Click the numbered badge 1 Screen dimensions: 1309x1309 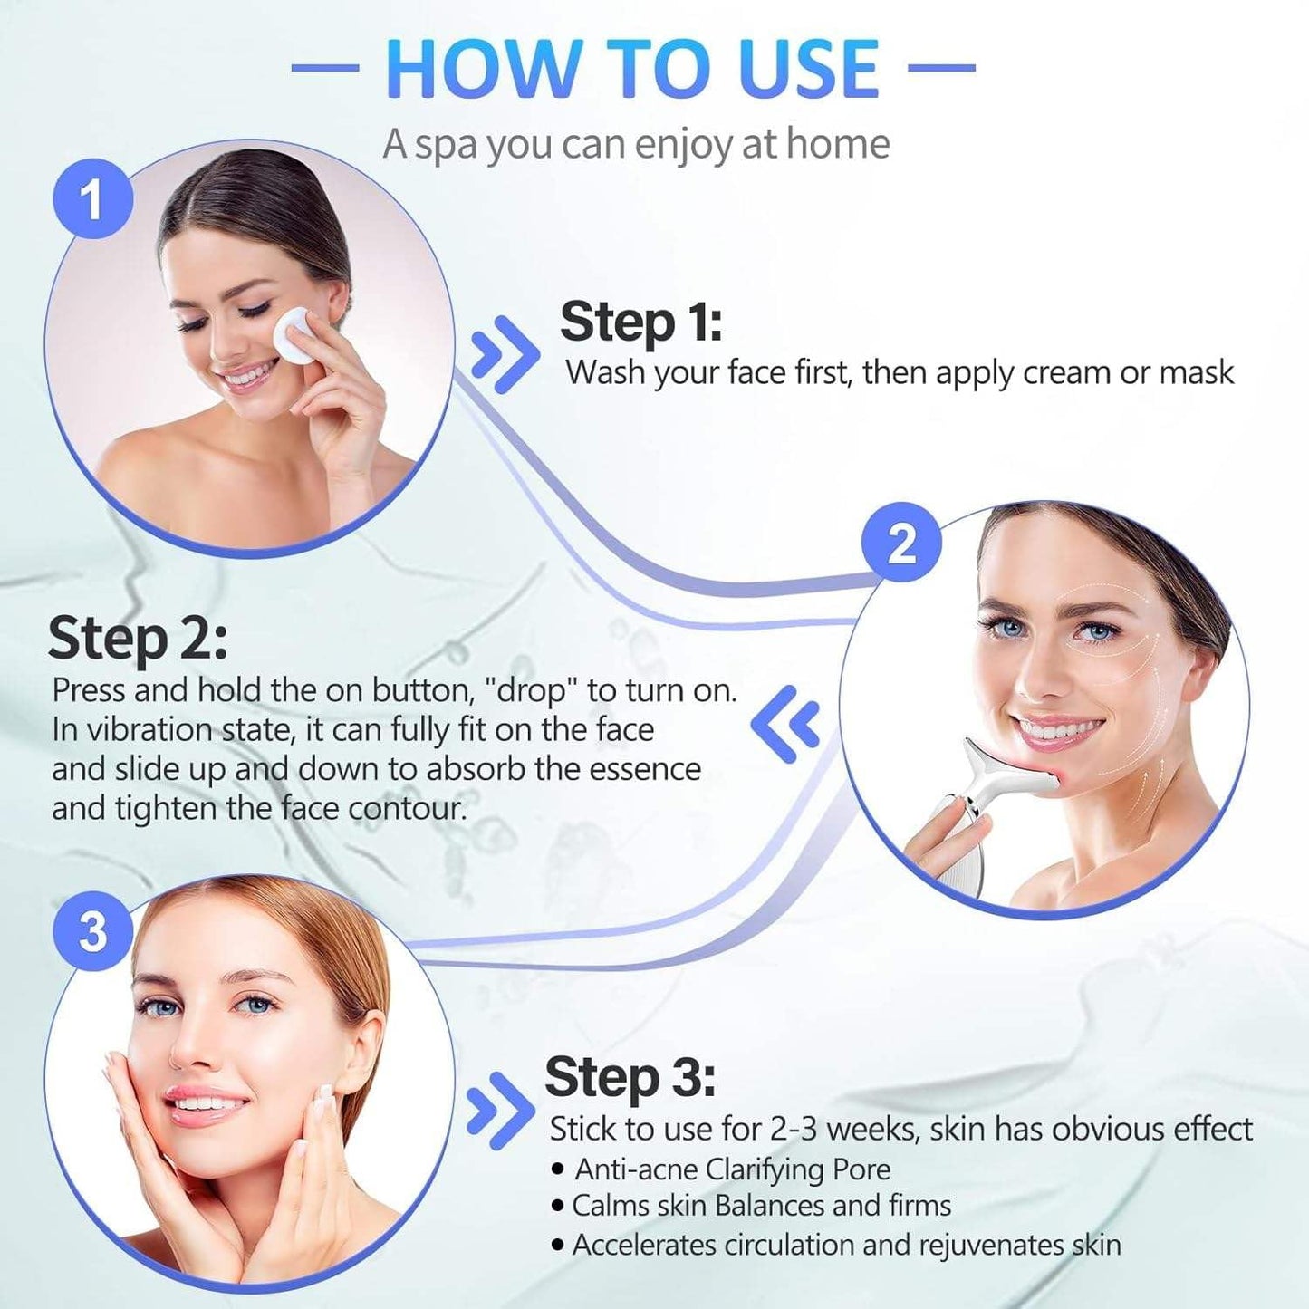[x=92, y=198]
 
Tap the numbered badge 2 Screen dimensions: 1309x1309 [x=901, y=544]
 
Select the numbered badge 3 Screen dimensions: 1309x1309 [x=92, y=930]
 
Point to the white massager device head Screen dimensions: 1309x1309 [x=1006, y=770]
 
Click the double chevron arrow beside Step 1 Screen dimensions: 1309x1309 [x=505, y=354]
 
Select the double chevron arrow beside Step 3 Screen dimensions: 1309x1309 [x=499, y=1111]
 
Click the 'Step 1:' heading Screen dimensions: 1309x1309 [x=640, y=322]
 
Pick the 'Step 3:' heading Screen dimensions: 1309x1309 [x=630, y=1078]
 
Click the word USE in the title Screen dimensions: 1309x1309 [x=808, y=69]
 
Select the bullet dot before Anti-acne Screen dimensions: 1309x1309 [x=558, y=1169]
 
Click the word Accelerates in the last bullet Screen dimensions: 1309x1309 [x=644, y=1245]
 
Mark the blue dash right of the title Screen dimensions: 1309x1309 [x=941, y=67]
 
